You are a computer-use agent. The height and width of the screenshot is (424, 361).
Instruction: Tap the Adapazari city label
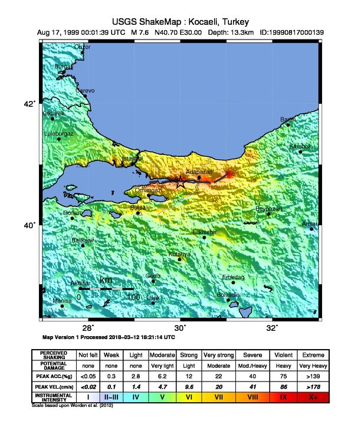pyautogui.click(x=199, y=171)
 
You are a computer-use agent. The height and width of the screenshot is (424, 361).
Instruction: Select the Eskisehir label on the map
pyautogui.click(x=204, y=232)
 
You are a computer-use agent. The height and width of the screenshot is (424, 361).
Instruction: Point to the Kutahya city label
pyautogui.click(x=180, y=254)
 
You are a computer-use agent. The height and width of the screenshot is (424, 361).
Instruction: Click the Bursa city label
pyautogui.click(x=137, y=208)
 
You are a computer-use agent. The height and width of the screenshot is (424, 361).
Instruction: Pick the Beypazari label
pyautogui.click(x=268, y=209)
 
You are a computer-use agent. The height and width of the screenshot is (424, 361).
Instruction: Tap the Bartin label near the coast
pyautogui.click(x=288, y=120)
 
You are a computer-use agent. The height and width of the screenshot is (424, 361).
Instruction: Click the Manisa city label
pyautogui.click(x=62, y=301)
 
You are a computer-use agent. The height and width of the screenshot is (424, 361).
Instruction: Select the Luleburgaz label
pyautogui.click(x=59, y=134)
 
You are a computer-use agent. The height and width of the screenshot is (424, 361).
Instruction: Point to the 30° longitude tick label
pyautogui.click(x=180, y=328)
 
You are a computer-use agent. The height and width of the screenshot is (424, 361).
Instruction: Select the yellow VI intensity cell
pyautogui.click(x=190, y=397)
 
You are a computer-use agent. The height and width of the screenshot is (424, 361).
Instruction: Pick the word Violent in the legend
pyautogui.click(x=284, y=355)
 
